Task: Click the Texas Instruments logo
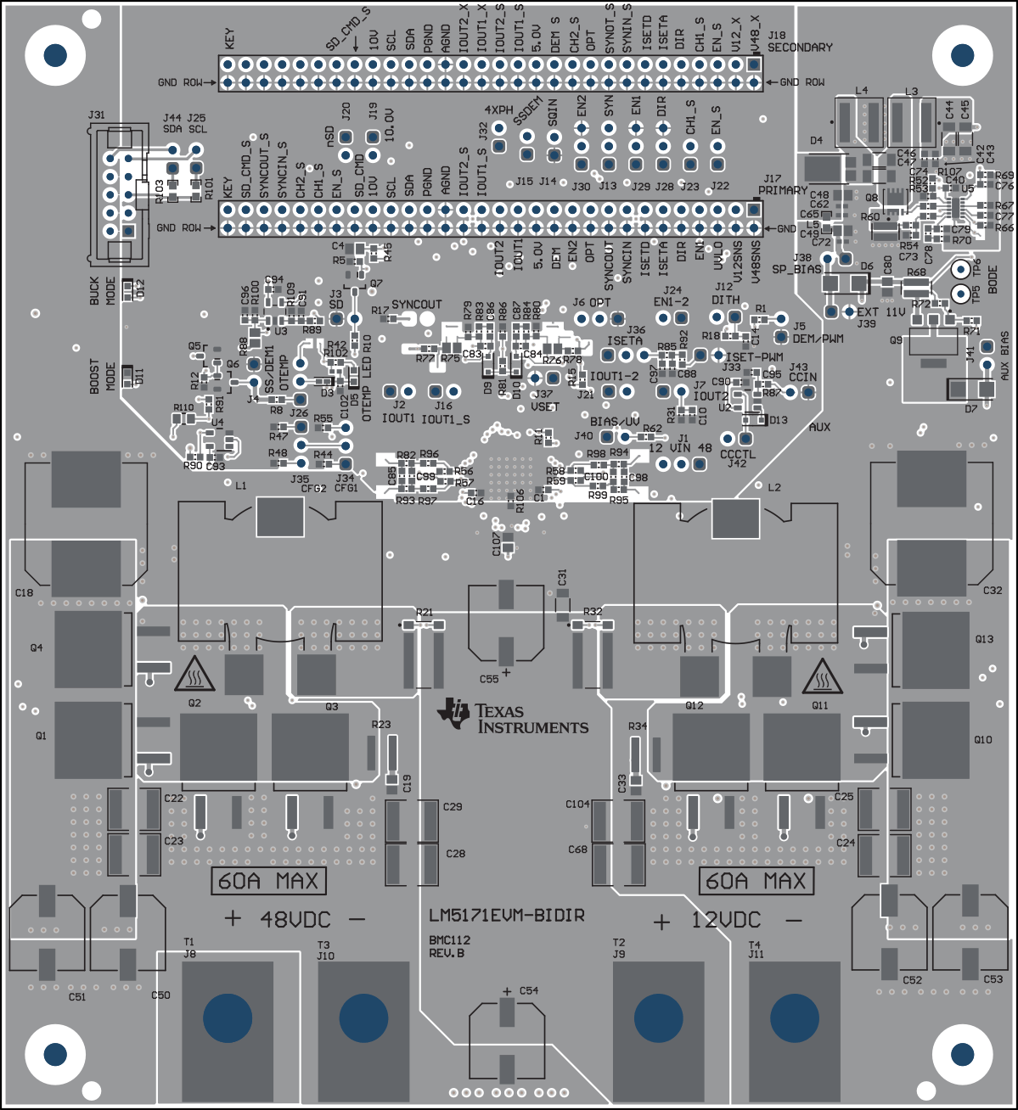pos(512,717)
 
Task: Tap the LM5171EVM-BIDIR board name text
pos(506,916)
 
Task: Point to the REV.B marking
pos(447,953)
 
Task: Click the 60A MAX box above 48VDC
pos(268,881)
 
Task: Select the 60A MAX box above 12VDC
pos(756,881)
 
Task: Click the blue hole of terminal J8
pos(228,1016)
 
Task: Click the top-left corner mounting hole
pos(55,55)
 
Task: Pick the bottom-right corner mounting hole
pos(962,1054)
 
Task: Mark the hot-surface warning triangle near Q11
pos(823,675)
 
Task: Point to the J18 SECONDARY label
pos(799,42)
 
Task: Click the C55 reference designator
pos(489,679)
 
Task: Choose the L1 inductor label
pos(241,486)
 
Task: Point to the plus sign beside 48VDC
pos(233,918)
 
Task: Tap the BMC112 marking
pos(449,940)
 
